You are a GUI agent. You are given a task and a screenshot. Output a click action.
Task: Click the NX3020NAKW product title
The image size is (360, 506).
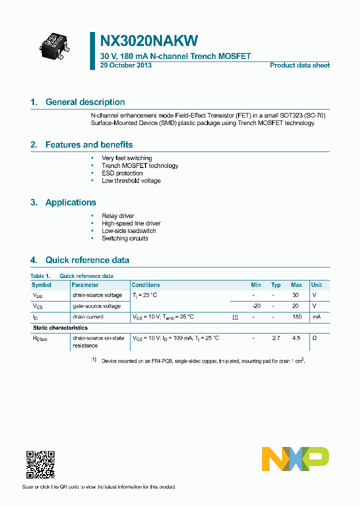click(149, 40)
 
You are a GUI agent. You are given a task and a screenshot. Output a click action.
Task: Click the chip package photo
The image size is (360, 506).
click(54, 43)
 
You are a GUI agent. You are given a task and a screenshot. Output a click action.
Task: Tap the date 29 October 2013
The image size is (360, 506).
click(126, 65)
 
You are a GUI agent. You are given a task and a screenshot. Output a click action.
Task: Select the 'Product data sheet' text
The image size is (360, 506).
click(299, 65)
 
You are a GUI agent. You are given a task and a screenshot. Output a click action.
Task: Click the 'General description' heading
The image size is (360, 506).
click(85, 102)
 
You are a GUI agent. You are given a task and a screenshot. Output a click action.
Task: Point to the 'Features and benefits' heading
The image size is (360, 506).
click(89, 145)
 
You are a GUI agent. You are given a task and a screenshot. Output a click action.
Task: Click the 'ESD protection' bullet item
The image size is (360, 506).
click(122, 173)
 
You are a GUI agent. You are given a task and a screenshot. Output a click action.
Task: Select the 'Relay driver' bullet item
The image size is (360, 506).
click(118, 216)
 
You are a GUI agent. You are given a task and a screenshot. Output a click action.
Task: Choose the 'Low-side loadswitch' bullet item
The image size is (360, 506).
click(128, 231)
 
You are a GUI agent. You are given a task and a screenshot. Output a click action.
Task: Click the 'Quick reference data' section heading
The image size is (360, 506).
click(87, 260)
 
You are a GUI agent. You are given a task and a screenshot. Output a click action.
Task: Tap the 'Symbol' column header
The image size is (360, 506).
click(41, 285)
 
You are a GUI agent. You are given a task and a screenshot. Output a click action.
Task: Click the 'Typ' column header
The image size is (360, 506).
click(276, 285)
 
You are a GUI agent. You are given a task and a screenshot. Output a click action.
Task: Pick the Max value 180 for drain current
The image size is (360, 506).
click(296, 317)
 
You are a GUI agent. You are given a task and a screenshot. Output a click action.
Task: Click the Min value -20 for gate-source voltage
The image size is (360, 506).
click(256, 306)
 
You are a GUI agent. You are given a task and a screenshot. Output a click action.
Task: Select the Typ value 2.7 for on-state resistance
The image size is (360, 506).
click(276, 338)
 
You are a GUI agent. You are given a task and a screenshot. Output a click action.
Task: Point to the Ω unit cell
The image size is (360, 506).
click(314, 338)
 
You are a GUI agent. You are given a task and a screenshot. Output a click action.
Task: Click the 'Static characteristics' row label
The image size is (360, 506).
click(60, 328)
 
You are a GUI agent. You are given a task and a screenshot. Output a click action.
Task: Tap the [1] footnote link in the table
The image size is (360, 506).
click(235, 317)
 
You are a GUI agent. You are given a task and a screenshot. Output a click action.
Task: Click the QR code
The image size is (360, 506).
click(40, 464)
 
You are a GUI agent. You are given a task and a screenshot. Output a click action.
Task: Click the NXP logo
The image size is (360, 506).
click(295, 458)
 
